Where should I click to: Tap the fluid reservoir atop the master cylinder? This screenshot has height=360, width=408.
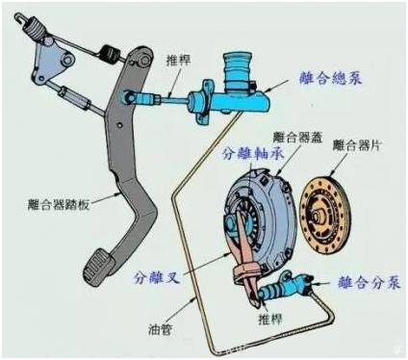(x=237, y=64)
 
